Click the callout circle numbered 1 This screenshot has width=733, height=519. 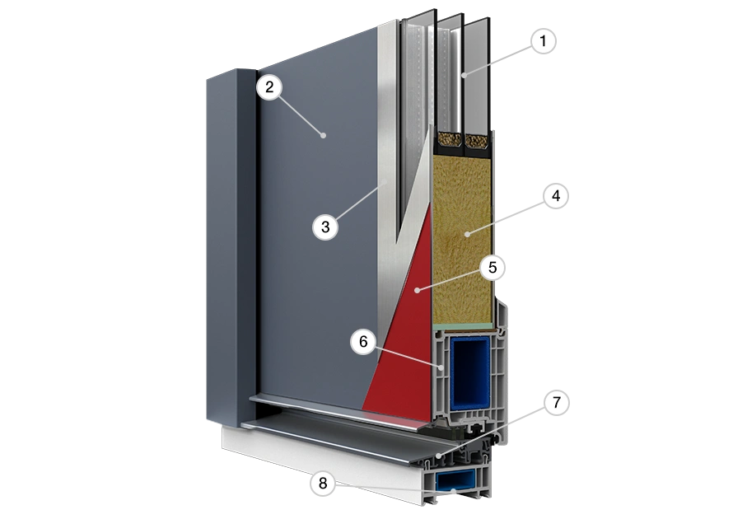pyautogui.click(x=544, y=41)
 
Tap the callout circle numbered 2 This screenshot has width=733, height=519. pyautogui.click(x=268, y=87)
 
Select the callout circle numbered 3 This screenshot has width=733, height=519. pyautogui.click(x=325, y=227)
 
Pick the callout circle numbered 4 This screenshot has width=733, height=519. pyautogui.click(x=556, y=196)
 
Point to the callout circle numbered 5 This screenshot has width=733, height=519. pyautogui.click(x=493, y=268)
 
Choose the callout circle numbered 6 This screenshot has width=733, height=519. pyautogui.click(x=363, y=342)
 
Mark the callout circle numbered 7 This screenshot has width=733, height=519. pyautogui.click(x=556, y=403)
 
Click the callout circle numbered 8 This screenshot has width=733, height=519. pyautogui.click(x=323, y=483)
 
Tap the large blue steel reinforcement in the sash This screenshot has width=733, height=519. pyautogui.click(x=470, y=372)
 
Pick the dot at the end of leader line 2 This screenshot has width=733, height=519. pyautogui.click(x=323, y=136)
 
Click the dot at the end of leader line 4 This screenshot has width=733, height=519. pyautogui.click(x=467, y=234)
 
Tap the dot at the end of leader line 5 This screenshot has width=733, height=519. pyautogui.click(x=417, y=291)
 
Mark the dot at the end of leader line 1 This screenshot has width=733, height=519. pyautogui.click(x=464, y=75)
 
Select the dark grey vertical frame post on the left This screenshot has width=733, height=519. pyautogui.click(x=231, y=248)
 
